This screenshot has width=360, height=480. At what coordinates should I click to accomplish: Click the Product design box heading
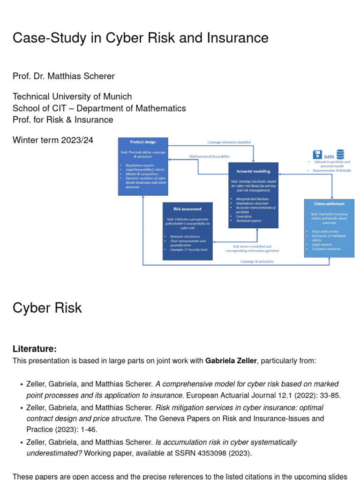pos(143,142)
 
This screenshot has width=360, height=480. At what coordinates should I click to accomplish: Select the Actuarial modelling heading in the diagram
pos(253,171)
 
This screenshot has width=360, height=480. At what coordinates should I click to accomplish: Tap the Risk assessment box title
pos(187,209)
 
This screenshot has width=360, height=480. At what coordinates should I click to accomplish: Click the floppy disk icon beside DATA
pos(317,154)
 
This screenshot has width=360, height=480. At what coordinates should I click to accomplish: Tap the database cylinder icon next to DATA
pos(340,154)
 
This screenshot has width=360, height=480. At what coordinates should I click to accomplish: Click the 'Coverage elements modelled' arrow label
pos(229,142)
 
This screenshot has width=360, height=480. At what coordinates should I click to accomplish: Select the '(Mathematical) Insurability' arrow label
pos(209,157)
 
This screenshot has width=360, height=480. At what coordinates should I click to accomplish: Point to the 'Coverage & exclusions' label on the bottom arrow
pos(257,262)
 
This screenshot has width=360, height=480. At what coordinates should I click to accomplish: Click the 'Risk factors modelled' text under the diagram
pos(252,246)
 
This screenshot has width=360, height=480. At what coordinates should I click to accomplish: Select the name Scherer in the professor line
pos(97,76)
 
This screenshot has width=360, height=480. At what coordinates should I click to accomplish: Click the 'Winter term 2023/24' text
pos(53,140)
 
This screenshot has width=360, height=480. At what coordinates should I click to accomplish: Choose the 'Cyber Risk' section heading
pos(47,308)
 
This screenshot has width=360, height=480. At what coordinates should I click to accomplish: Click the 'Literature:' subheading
pos(35,349)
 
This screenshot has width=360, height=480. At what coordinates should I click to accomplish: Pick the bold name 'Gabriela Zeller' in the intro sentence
pos(231,361)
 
